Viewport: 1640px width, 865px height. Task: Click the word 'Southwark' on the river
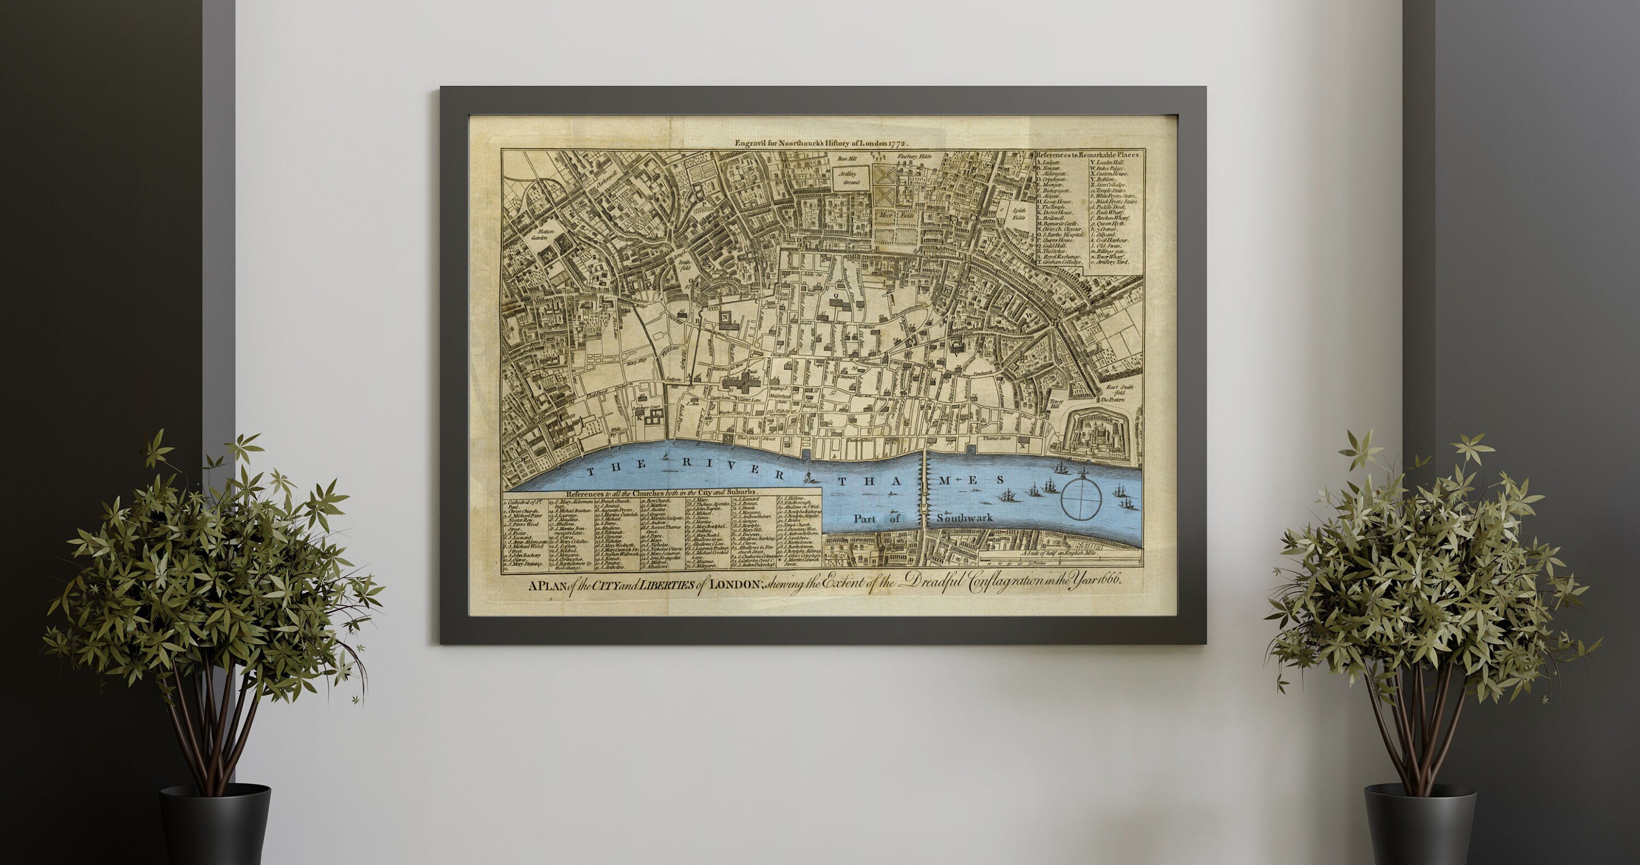[x=964, y=518]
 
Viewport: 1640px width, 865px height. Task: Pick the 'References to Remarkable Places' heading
[x=1088, y=155]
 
